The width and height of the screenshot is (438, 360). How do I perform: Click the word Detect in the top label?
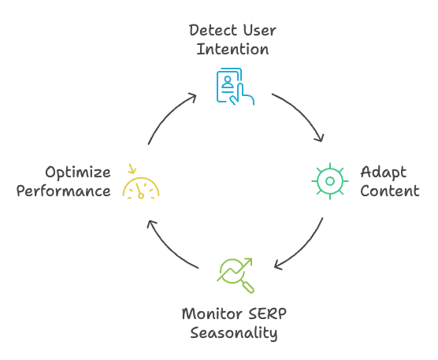click(x=213, y=30)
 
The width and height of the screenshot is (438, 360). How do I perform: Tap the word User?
click(x=259, y=30)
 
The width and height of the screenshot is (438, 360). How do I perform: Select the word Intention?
click(x=232, y=49)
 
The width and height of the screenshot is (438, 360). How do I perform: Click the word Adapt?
click(x=383, y=173)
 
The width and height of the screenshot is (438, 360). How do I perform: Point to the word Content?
click(x=390, y=191)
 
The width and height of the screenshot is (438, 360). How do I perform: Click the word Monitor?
click(x=212, y=314)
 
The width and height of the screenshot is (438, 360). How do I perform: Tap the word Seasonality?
click(x=234, y=333)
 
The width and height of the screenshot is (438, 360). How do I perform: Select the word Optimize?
click(x=78, y=173)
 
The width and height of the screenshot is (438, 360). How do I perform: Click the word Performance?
click(x=63, y=191)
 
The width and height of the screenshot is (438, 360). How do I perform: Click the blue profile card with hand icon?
click(x=236, y=87)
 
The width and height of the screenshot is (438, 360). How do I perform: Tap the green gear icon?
click(x=330, y=181)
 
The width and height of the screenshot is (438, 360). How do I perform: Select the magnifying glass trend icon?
click(x=236, y=276)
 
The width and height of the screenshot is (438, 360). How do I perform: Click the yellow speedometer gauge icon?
click(x=141, y=187)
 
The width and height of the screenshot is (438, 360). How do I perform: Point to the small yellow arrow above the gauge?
click(x=132, y=169)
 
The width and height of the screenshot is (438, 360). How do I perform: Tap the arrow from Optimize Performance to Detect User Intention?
click(x=168, y=114)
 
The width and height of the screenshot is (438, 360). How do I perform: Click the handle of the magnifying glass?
click(x=248, y=288)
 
